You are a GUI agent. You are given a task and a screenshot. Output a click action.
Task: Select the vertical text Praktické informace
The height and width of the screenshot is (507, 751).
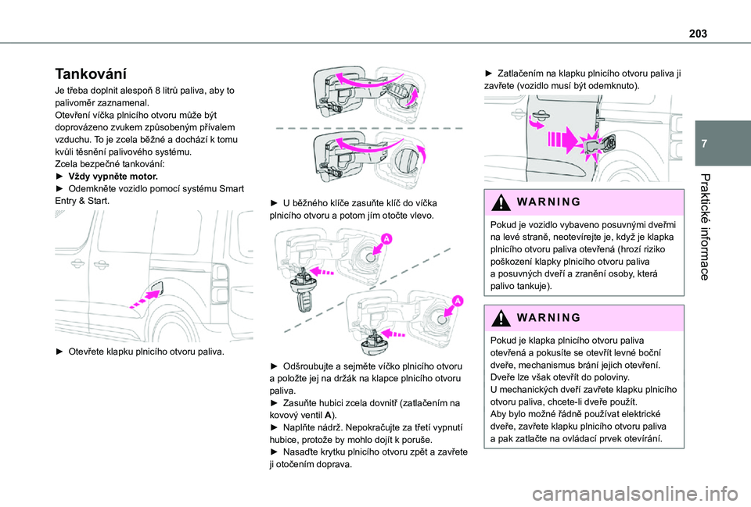click(x=706, y=226)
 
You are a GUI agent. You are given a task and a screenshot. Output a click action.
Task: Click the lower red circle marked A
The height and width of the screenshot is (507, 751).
click(x=456, y=301)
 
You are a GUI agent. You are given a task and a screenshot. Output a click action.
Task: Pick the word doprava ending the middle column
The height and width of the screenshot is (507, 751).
click(x=332, y=464)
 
